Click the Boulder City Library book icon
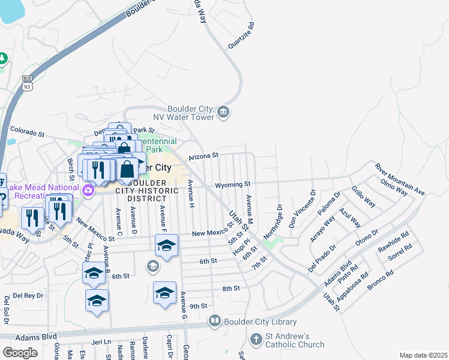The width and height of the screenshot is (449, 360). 214,322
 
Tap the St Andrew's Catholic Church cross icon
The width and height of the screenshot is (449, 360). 256,340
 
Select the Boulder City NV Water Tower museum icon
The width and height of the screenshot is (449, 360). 223,112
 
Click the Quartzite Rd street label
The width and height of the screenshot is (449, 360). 241,36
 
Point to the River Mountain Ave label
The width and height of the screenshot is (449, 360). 399,178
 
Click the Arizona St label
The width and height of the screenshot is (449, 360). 203,156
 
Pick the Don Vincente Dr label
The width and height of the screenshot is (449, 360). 302,211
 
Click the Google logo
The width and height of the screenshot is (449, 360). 20,352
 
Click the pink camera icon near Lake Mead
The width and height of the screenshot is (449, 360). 88,190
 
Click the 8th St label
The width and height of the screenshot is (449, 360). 231,289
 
